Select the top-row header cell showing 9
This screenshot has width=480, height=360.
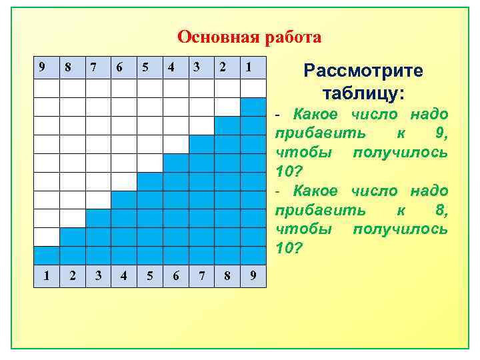43,67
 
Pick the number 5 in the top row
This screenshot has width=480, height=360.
145,67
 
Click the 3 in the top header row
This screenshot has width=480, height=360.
197,67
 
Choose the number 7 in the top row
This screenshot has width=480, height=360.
93,67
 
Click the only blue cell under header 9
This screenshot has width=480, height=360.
47,256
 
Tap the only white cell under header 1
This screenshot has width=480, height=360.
253,89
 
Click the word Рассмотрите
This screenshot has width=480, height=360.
363,71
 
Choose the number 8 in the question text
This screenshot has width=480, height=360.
441,211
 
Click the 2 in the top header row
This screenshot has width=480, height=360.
223,67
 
